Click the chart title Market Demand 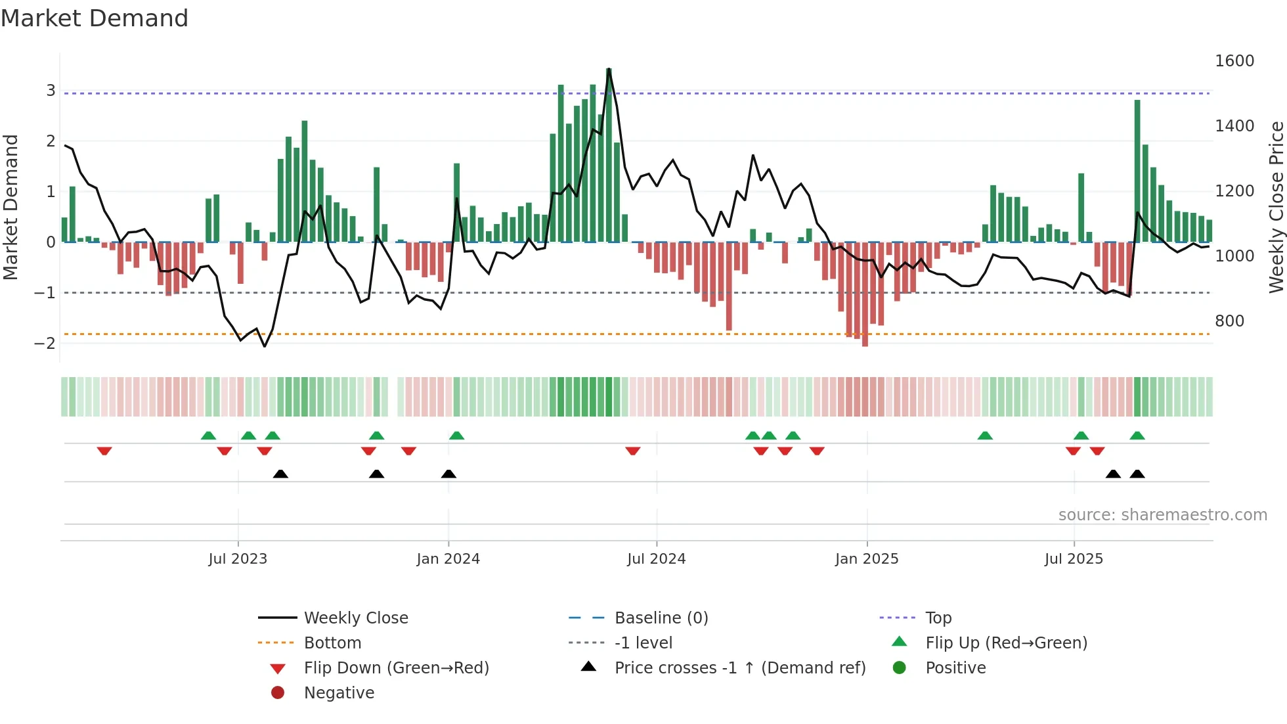[x=95, y=18]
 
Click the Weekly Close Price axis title [x=1276, y=207]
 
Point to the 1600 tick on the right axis [x=1234, y=61]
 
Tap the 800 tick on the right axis [x=1229, y=321]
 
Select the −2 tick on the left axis [x=45, y=343]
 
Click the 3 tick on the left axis [x=51, y=91]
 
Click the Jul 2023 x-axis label [x=238, y=559]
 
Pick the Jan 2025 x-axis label [x=867, y=559]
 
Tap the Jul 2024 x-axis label [x=656, y=559]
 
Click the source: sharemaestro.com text [x=1162, y=515]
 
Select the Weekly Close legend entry [x=355, y=618]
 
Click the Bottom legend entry [x=332, y=643]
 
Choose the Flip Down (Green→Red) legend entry [x=396, y=668]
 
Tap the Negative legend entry [x=339, y=693]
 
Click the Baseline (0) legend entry [x=661, y=618]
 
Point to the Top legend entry [x=938, y=618]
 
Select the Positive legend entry [x=955, y=668]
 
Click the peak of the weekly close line [x=609, y=69]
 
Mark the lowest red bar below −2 [x=865, y=344]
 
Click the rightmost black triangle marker [x=1137, y=474]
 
